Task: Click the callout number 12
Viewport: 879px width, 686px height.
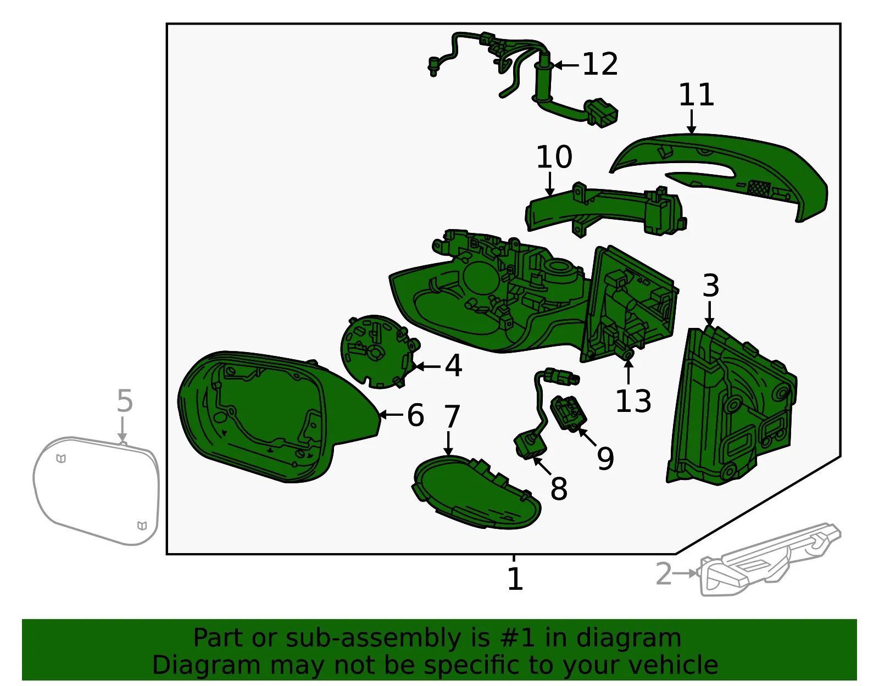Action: click(x=600, y=64)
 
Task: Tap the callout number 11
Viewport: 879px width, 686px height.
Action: click(x=696, y=95)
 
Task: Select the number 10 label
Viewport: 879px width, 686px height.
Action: click(x=554, y=157)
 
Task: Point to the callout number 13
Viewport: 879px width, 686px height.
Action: click(x=633, y=401)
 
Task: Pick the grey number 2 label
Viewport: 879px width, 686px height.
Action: click(x=664, y=573)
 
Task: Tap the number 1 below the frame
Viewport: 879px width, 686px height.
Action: click(x=515, y=579)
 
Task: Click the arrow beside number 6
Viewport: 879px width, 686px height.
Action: click(x=391, y=414)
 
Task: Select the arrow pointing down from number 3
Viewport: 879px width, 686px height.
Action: click(x=709, y=314)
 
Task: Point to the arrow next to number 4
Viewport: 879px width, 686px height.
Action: click(x=427, y=367)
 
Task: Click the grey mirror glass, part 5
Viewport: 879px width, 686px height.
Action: click(x=96, y=490)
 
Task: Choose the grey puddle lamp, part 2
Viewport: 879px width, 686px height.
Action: click(x=769, y=560)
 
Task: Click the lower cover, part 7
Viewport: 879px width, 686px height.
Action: click(x=476, y=492)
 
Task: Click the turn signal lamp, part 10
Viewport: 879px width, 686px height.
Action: click(x=605, y=210)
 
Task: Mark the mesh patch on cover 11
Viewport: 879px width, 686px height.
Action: click(x=759, y=188)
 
